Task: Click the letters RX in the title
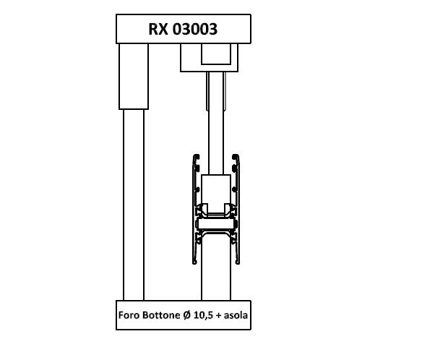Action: click(158, 29)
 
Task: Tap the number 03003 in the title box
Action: click(195, 29)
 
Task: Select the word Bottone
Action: click(161, 315)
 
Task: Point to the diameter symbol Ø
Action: click(187, 315)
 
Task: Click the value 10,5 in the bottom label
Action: click(204, 315)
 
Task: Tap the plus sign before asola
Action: click(218, 316)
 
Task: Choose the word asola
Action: click(236, 315)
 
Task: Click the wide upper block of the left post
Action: click(134, 77)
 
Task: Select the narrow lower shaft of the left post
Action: click(134, 205)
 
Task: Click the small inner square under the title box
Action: click(216, 54)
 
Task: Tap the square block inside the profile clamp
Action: click(216, 191)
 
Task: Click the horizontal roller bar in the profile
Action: click(216, 224)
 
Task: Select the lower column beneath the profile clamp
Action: click(216, 267)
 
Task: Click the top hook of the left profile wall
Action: click(197, 157)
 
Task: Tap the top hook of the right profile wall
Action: click(236, 157)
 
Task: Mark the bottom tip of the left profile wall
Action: click(194, 263)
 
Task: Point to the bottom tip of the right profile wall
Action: click(237, 263)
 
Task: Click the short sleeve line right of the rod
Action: click(225, 91)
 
